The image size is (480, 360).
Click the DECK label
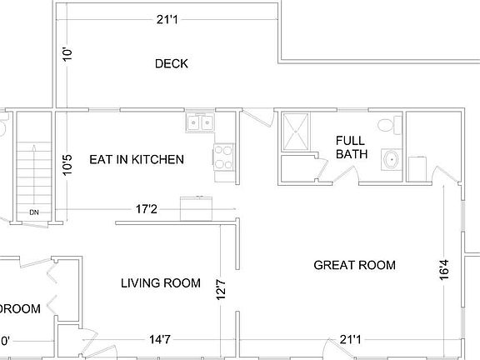pyautogui.click(x=171, y=63)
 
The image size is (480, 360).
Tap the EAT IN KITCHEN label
pyautogui.click(x=137, y=159)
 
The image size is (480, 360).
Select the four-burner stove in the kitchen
pyautogui.click(x=222, y=157)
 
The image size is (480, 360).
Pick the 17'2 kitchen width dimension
pyautogui.click(x=148, y=208)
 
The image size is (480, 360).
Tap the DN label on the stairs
pyautogui.click(x=34, y=212)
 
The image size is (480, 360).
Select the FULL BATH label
pyautogui.click(x=351, y=147)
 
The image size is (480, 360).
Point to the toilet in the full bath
pyautogui.click(x=385, y=125)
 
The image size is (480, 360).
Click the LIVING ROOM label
pyautogui.click(x=161, y=283)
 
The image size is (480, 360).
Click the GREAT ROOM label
pyautogui.click(x=354, y=265)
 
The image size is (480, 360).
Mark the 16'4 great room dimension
pyautogui.click(x=444, y=271)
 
